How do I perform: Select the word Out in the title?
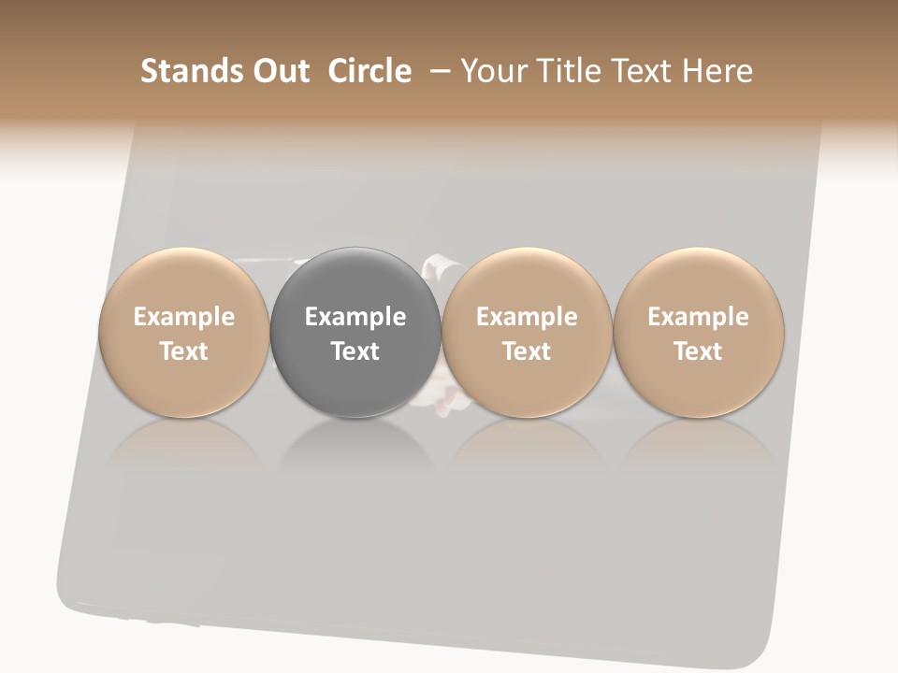280,71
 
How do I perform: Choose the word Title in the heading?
570,71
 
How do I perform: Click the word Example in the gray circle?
355,317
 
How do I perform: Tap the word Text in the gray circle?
355,351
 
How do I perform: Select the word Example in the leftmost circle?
184,317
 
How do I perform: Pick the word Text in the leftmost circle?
184,351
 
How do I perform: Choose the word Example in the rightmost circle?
698,317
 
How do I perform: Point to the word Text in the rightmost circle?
698,351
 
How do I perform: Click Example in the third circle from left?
527,317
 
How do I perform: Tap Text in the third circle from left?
527,351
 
